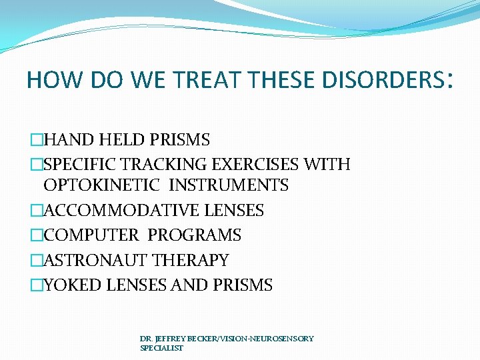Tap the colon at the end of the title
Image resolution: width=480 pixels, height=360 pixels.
tap(453, 81)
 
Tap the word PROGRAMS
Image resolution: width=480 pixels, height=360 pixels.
tap(195, 235)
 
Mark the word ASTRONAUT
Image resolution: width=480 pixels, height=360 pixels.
tap(95, 260)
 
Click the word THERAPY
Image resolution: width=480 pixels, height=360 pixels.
tap(191, 260)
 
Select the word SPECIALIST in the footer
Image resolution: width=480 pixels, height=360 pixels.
tap(161, 348)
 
